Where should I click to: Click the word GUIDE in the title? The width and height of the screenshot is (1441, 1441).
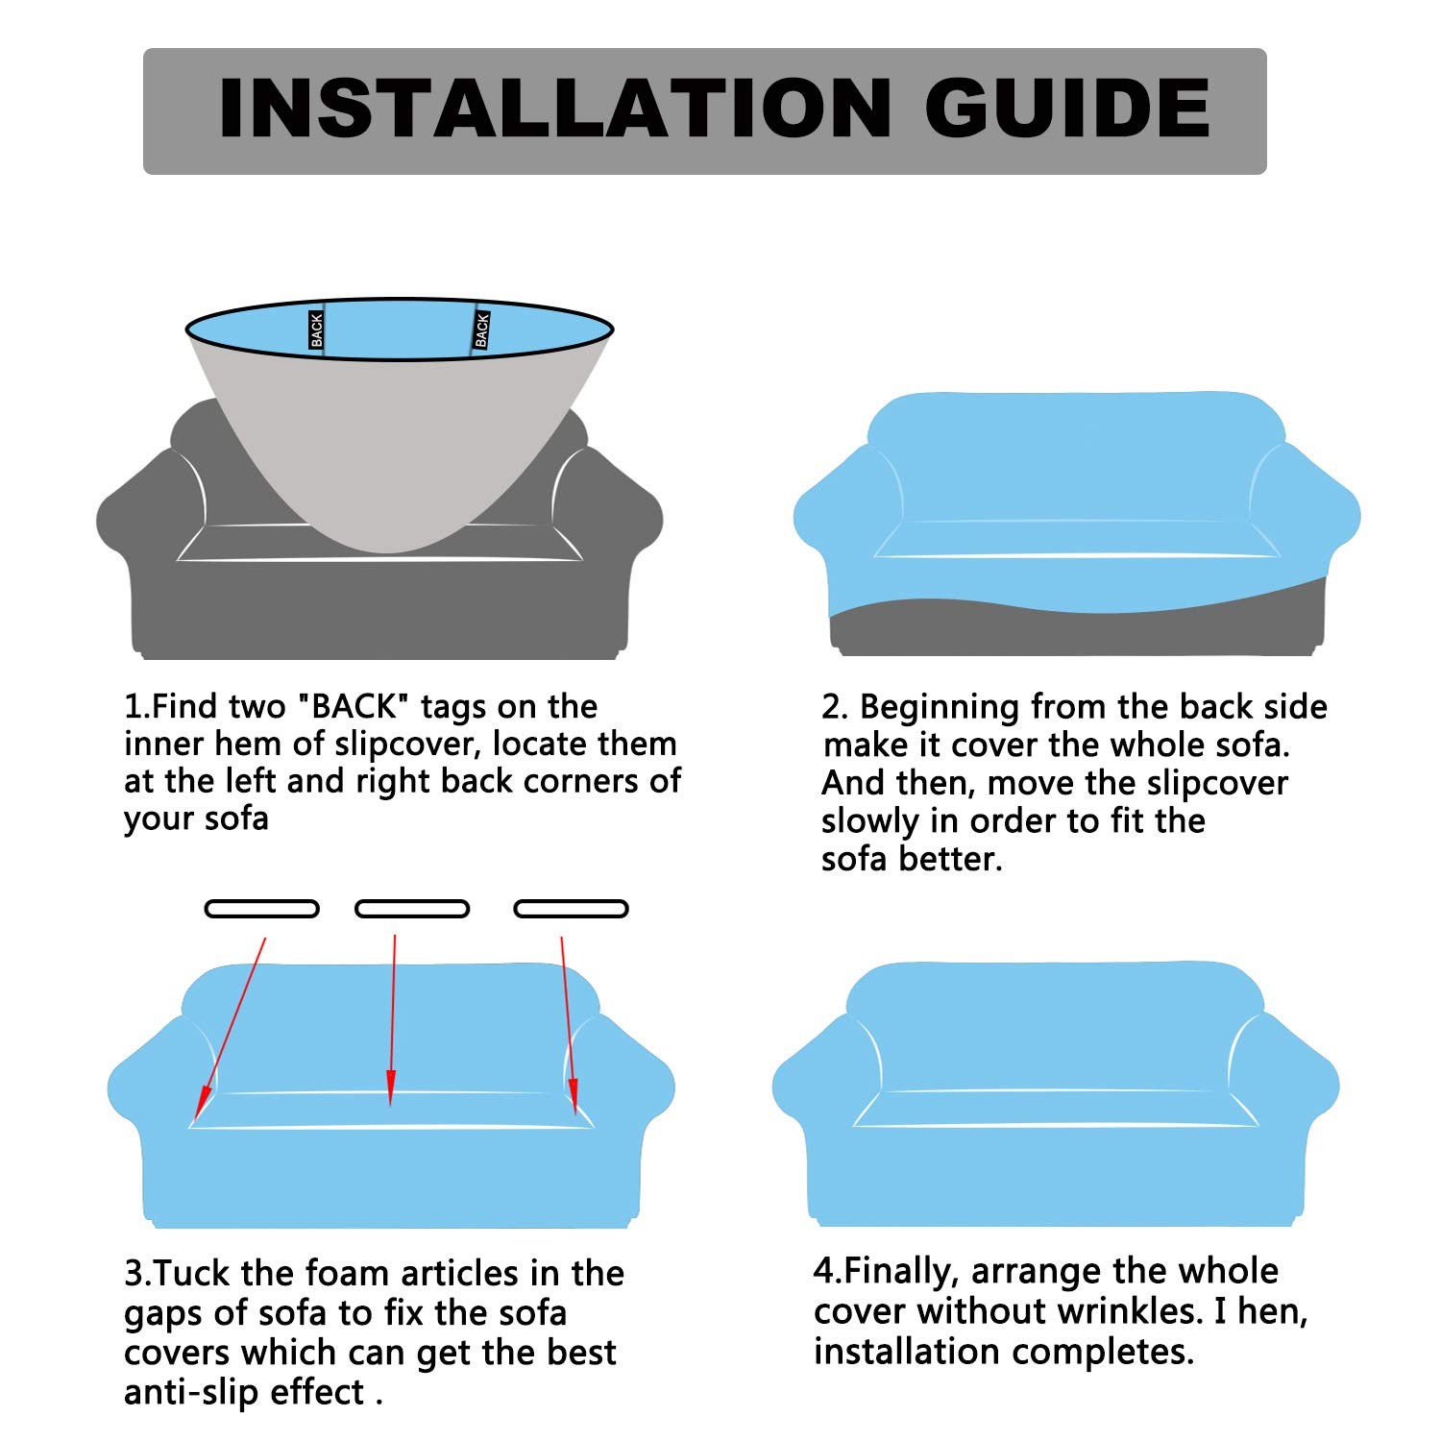pos(1067,109)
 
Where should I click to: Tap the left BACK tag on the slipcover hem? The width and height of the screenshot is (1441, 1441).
pos(317,330)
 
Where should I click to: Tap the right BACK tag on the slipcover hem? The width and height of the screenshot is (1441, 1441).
pos(481,330)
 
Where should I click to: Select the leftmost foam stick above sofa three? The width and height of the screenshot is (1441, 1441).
pos(261,909)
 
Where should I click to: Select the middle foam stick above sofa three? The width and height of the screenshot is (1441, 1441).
pos(412,909)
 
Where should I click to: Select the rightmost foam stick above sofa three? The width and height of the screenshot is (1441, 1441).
pos(572,909)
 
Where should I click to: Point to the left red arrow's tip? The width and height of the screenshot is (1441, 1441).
pos(198,1115)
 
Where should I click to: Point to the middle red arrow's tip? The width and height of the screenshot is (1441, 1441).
pos(390,1103)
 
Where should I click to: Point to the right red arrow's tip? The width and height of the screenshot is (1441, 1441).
pos(575,1111)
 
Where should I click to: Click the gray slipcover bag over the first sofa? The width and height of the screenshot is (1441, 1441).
pos(399,432)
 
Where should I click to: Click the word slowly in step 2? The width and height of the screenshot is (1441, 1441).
pos(869,822)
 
